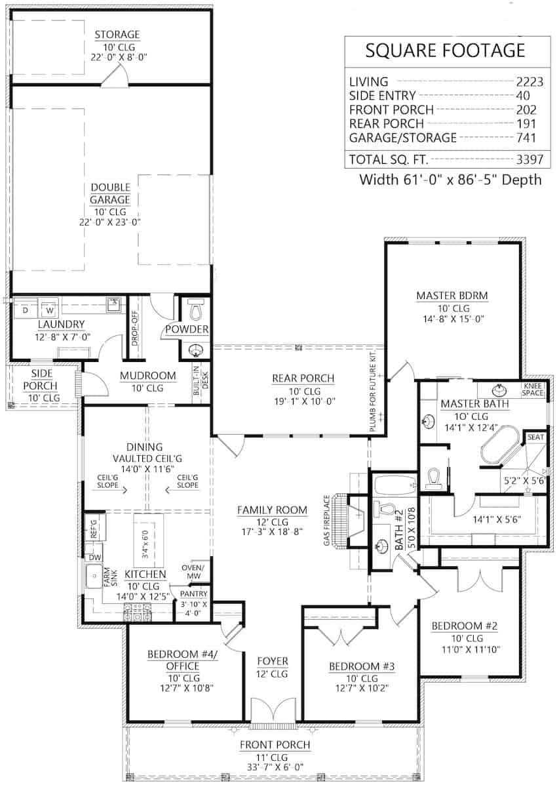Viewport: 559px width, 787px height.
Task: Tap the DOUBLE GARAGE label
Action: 110,193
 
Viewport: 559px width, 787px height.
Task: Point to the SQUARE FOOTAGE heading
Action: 445,50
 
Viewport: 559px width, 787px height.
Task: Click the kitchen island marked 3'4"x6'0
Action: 147,540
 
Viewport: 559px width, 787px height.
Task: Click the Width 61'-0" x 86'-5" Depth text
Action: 451,180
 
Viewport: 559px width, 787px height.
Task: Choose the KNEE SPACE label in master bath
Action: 533,389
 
